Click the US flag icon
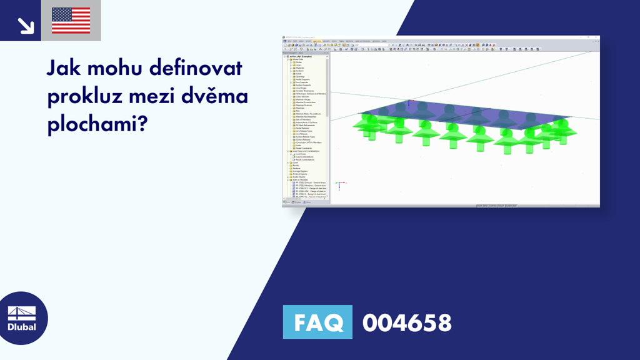(71, 20)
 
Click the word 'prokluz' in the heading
(84, 97)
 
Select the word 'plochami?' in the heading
(97, 125)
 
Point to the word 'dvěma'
(219, 97)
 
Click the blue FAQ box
(317, 322)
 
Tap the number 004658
(407, 322)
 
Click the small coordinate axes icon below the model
(338, 186)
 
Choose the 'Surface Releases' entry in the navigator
(303, 139)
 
